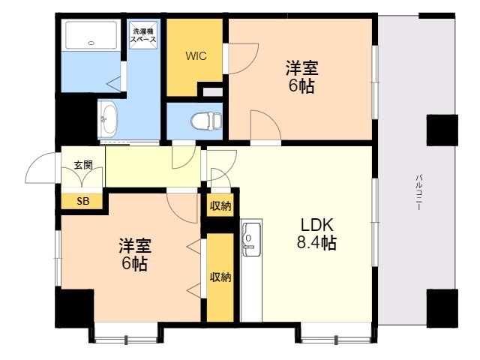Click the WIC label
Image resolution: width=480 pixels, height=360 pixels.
tap(196, 56)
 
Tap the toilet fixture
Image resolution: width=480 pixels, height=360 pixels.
tap(207, 121)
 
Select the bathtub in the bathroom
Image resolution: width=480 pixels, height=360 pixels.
tap(91, 35)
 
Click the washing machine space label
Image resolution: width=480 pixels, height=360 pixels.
tap(143, 35)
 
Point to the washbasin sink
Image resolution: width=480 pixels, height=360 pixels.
tap(108, 119)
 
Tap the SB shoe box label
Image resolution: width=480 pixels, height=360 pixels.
tap(83, 201)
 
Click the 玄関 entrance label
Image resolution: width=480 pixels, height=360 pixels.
tap(83, 165)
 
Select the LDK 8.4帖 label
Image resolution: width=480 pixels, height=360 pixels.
tap(316, 234)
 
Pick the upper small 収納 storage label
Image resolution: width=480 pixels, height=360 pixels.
tap(220, 206)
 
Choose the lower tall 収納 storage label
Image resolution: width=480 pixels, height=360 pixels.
tap(220, 277)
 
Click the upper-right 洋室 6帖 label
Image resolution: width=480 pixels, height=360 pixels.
tap(301, 76)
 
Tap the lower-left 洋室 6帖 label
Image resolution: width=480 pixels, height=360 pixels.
tap(135, 254)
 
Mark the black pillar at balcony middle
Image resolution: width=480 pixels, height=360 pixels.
tap(442, 130)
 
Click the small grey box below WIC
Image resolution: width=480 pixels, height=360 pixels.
tap(213, 92)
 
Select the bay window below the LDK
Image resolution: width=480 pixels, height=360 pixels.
tap(336, 334)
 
